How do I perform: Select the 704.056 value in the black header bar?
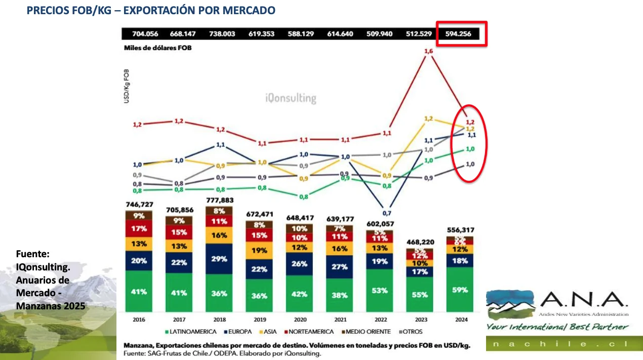[x=145, y=34]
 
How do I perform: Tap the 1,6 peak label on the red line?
[x=428, y=52]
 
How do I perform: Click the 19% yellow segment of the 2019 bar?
[x=259, y=250]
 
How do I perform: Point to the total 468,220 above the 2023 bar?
[x=420, y=243]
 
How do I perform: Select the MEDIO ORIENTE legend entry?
[x=367, y=332]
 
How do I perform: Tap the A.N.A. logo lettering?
[x=583, y=300]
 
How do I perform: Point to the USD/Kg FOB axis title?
[x=126, y=87]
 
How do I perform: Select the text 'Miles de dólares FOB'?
[x=158, y=48]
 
